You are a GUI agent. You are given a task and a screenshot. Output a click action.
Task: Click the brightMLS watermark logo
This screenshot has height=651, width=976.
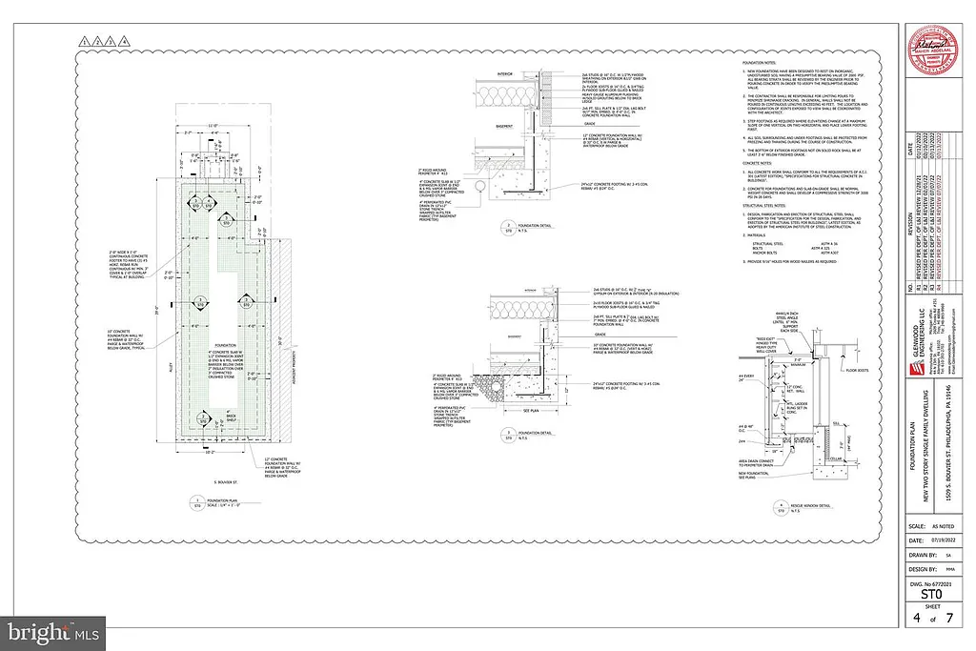[53, 631]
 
